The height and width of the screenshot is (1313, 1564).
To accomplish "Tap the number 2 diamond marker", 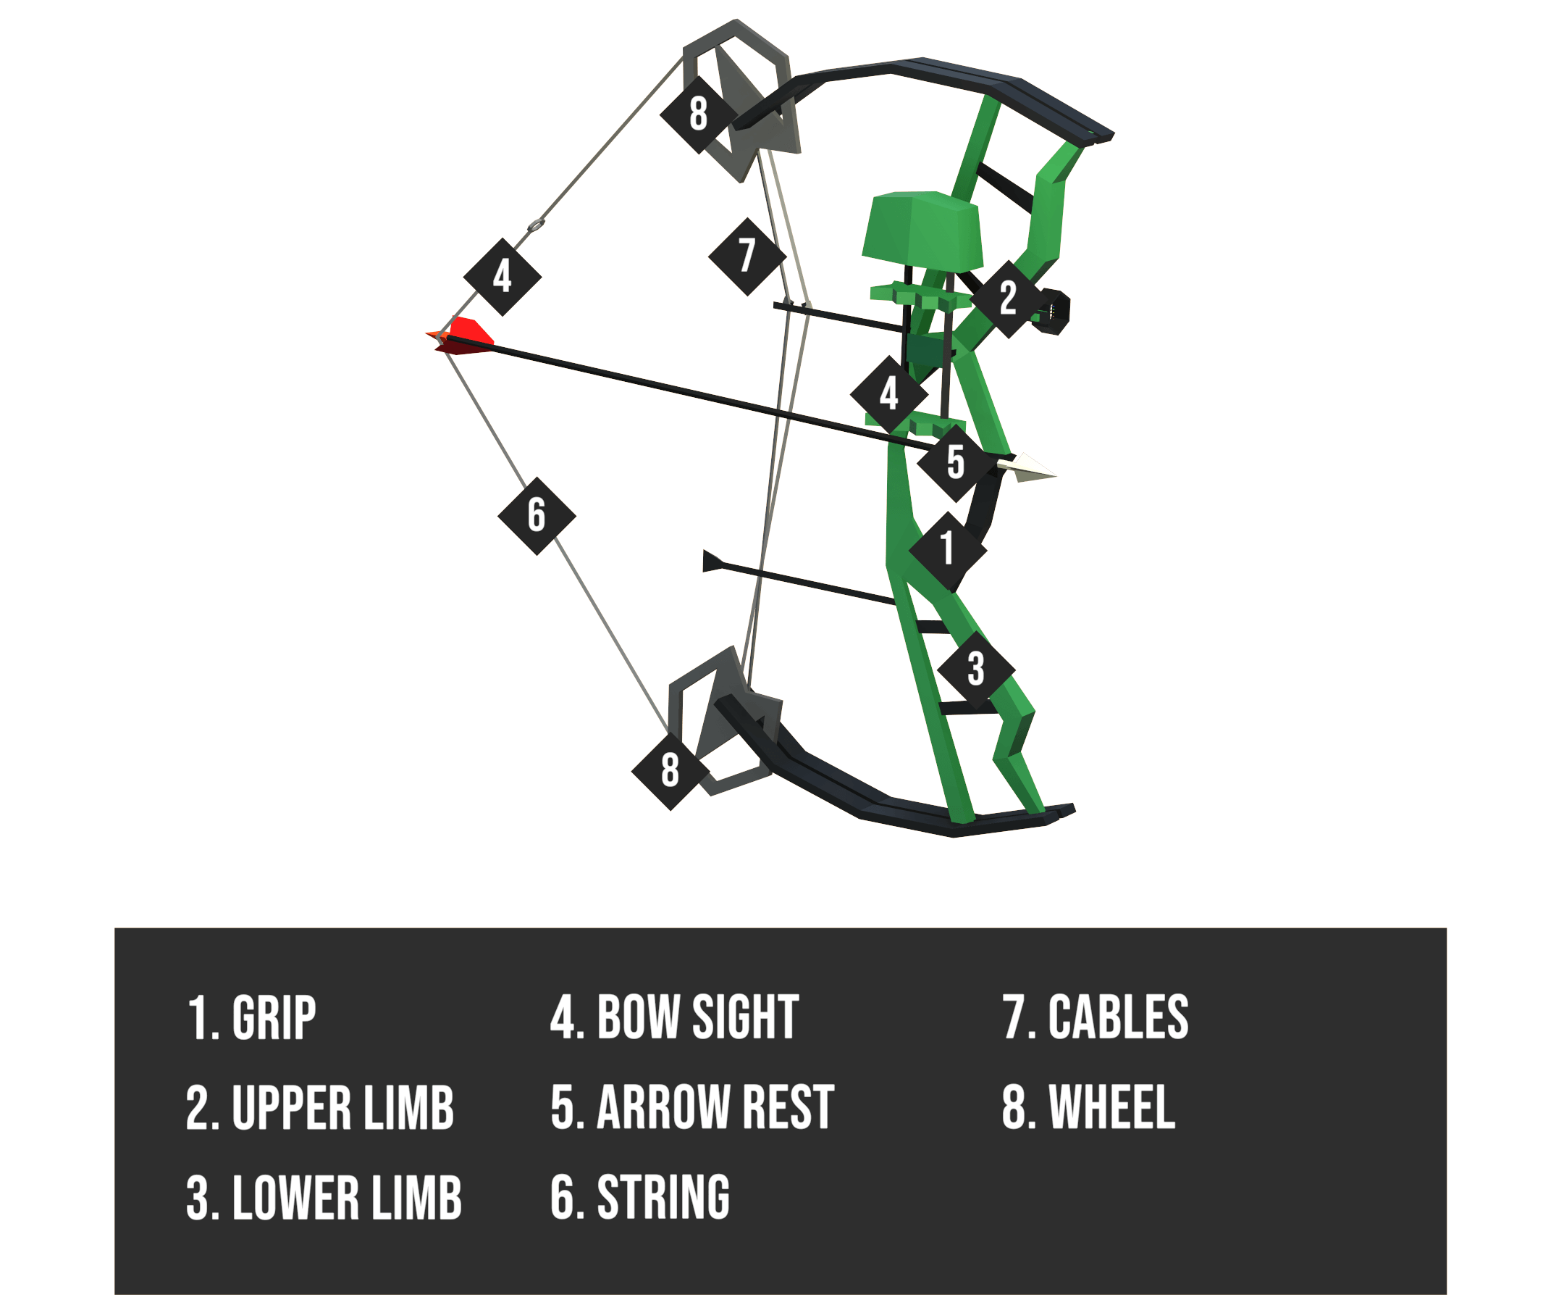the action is [x=1009, y=299].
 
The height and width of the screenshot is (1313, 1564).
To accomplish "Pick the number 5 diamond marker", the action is [x=957, y=464].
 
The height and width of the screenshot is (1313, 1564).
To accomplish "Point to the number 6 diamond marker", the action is [x=537, y=517].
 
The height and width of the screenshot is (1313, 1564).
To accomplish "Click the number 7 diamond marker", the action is [x=747, y=257].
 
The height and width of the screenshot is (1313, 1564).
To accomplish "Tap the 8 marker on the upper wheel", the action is [x=699, y=114].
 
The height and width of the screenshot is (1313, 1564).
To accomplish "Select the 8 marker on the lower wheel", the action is [x=670, y=771].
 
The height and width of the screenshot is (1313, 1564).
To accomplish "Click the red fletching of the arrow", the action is [x=462, y=336].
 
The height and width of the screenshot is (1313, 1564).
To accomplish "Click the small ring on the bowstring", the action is [x=537, y=225].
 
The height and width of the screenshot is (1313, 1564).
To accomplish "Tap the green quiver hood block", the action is [x=922, y=232].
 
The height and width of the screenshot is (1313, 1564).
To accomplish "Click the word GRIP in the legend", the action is [x=274, y=1018].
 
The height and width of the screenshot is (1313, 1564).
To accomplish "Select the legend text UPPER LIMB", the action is [x=342, y=1108].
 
